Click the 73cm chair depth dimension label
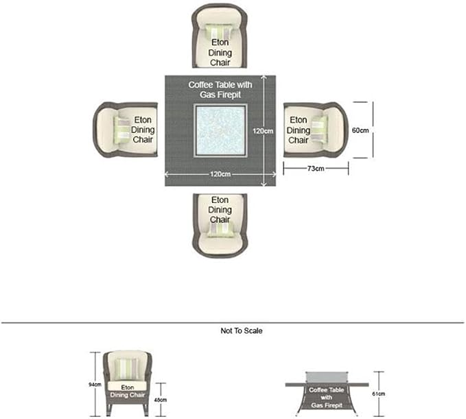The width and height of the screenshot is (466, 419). (x=316, y=169)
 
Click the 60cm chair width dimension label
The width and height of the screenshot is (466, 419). (x=360, y=130)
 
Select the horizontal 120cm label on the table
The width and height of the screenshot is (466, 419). (x=220, y=174)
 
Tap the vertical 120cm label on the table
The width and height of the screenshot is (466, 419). (x=263, y=131)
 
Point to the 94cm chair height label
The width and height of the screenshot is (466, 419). (x=95, y=385)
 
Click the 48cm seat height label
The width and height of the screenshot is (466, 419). (x=161, y=400)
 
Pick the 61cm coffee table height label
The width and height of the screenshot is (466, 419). (x=379, y=394)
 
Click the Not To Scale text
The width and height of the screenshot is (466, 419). (x=242, y=331)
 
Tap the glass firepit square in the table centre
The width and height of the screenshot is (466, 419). (x=220, y=131)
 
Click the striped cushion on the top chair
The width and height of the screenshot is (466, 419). (x=220, y=31)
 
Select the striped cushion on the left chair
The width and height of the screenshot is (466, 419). (x=122, y=130)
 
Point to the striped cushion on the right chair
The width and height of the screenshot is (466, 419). (x=320, y=129)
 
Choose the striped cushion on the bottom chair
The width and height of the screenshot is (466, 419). (x=220, y=230)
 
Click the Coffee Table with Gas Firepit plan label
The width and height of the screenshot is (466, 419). (x=220, y=90)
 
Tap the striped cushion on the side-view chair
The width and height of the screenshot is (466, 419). (x=127, y=369)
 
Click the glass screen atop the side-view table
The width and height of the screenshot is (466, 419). (x=327, y=377)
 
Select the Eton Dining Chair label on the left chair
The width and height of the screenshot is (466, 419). (x=143, y=130)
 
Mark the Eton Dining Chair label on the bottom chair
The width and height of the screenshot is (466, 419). (x=220, y=210)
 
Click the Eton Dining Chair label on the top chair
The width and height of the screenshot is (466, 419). (x=220, y=53)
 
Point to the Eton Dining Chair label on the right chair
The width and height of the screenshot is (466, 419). (x=299, y=130)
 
